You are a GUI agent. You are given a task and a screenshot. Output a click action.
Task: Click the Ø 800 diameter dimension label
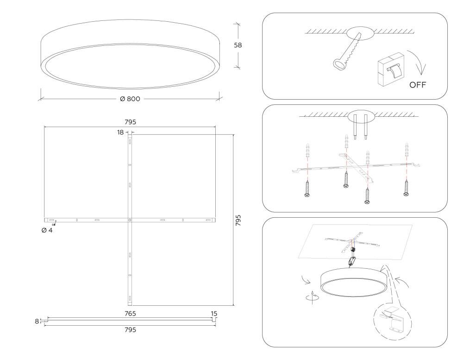point(130,99)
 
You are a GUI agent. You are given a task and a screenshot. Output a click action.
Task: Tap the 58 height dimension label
point(238,45)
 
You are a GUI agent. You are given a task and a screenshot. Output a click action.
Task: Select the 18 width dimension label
point(120,133)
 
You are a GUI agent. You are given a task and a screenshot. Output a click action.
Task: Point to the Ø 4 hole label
point(47,230)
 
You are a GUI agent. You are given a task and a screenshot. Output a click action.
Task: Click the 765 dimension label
point(130,314)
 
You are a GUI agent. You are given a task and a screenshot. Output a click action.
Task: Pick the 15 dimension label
point(214,314)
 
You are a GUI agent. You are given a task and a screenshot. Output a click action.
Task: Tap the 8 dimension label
point(37,321)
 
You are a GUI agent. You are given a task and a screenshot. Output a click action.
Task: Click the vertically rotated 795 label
point(238,221)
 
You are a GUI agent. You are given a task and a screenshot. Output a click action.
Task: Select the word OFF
point(418,85)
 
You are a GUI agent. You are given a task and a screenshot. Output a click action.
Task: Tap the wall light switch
point(390,69)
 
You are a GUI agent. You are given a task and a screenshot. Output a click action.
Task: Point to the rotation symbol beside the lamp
point(312,297)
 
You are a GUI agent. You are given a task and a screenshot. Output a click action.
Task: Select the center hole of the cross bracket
point(130,220)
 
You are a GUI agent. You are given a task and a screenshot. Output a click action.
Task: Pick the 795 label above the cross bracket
point(130,122)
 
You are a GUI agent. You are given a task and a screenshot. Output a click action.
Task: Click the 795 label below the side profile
point(130,330)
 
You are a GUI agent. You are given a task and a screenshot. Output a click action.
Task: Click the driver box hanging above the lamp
point(352,261)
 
